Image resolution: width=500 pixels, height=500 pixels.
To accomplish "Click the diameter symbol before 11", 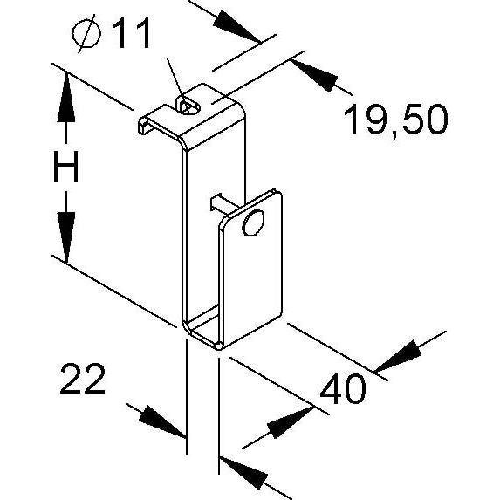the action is [x=86, y=33].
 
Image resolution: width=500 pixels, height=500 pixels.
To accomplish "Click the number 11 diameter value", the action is [x=131, y=33].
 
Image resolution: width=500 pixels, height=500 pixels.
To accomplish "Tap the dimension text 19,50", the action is [x=396, y=120].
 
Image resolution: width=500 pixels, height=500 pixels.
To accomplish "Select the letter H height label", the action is [x=66, y=166].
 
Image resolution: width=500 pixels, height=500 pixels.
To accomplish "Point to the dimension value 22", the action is [x=82, y=379].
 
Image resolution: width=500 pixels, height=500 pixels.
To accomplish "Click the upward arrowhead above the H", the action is [x=66, y=98].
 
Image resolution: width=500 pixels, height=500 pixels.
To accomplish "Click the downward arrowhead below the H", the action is [x=66, y=237].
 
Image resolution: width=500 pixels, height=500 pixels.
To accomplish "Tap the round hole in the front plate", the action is [x=253, y=223].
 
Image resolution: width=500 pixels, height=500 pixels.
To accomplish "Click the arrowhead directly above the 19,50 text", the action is [x=314, y=73].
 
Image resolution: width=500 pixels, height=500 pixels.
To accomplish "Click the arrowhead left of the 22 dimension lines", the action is [x=161, y=421].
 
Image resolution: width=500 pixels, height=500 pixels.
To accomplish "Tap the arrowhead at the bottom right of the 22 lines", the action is [x=243, y=473].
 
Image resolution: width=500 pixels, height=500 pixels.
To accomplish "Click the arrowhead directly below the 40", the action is [x=290, y=422].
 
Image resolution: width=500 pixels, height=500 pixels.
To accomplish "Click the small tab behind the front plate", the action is [x=219, y=202].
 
